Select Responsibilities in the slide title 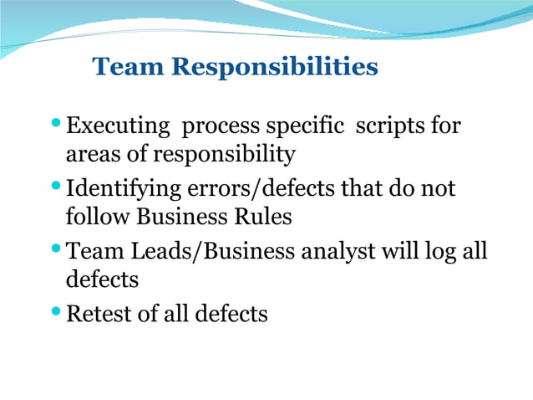pos(275,67)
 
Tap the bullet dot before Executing pos(56,123)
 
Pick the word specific pos(304,127)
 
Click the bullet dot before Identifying pos(56,185)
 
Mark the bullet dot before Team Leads pos(56,248)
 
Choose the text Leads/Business pos(193,252)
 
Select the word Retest pos(104,314)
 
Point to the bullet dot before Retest pos(56,310)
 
